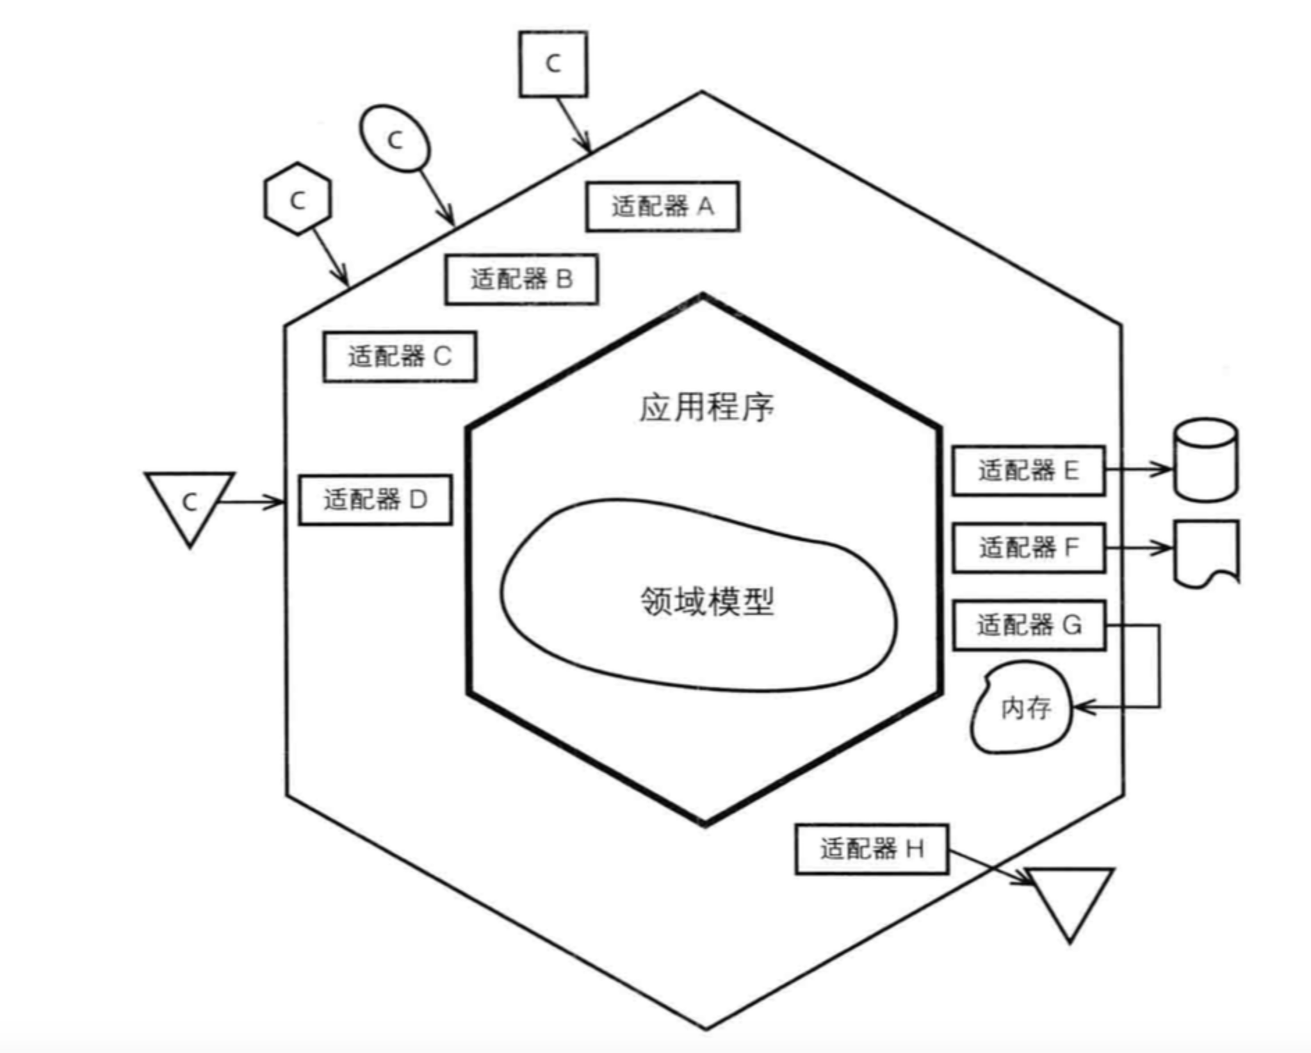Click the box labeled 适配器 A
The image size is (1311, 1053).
click(x=662, y=207)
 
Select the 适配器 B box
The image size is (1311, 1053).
click(x=521, y=280)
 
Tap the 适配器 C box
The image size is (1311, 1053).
click(x=400, y=357)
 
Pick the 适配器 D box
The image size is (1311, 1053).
click(x=375, y=499)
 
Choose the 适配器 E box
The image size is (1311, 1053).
click(x=1028, y=471)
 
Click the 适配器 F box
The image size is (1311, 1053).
click(x=1028, y=548)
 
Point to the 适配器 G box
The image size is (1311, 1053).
click(x=1028, y=625)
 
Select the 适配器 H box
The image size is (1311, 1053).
click(x=872, y=849)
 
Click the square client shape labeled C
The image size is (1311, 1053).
click(x=553, y=64)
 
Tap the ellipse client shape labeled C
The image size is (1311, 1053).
click(x=395, y=139)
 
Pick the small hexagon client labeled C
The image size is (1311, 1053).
click(x=298, y=200)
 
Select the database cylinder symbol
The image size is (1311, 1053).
click(x=1205, y=460)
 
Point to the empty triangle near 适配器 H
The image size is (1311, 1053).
click(x=1070, y=897)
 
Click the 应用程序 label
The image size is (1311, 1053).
click(x=706, y=408)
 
